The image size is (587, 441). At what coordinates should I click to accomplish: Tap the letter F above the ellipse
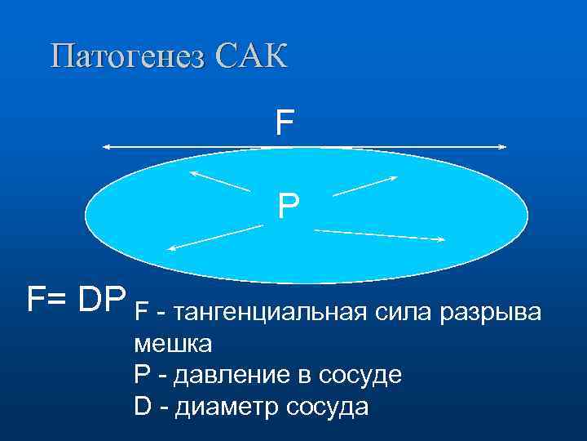pyautogui.click(x=284, y=124)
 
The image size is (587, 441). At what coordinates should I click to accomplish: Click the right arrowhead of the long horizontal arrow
pyautogui.click(x=502, y=147)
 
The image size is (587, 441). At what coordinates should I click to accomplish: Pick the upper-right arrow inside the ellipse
pyautogui.click(x=365, y=185)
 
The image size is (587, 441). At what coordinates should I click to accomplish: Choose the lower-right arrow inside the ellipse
pyautogui.click(x=379, y=235)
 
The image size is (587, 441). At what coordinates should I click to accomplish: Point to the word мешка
pyautogui.click(x=173, y=345)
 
